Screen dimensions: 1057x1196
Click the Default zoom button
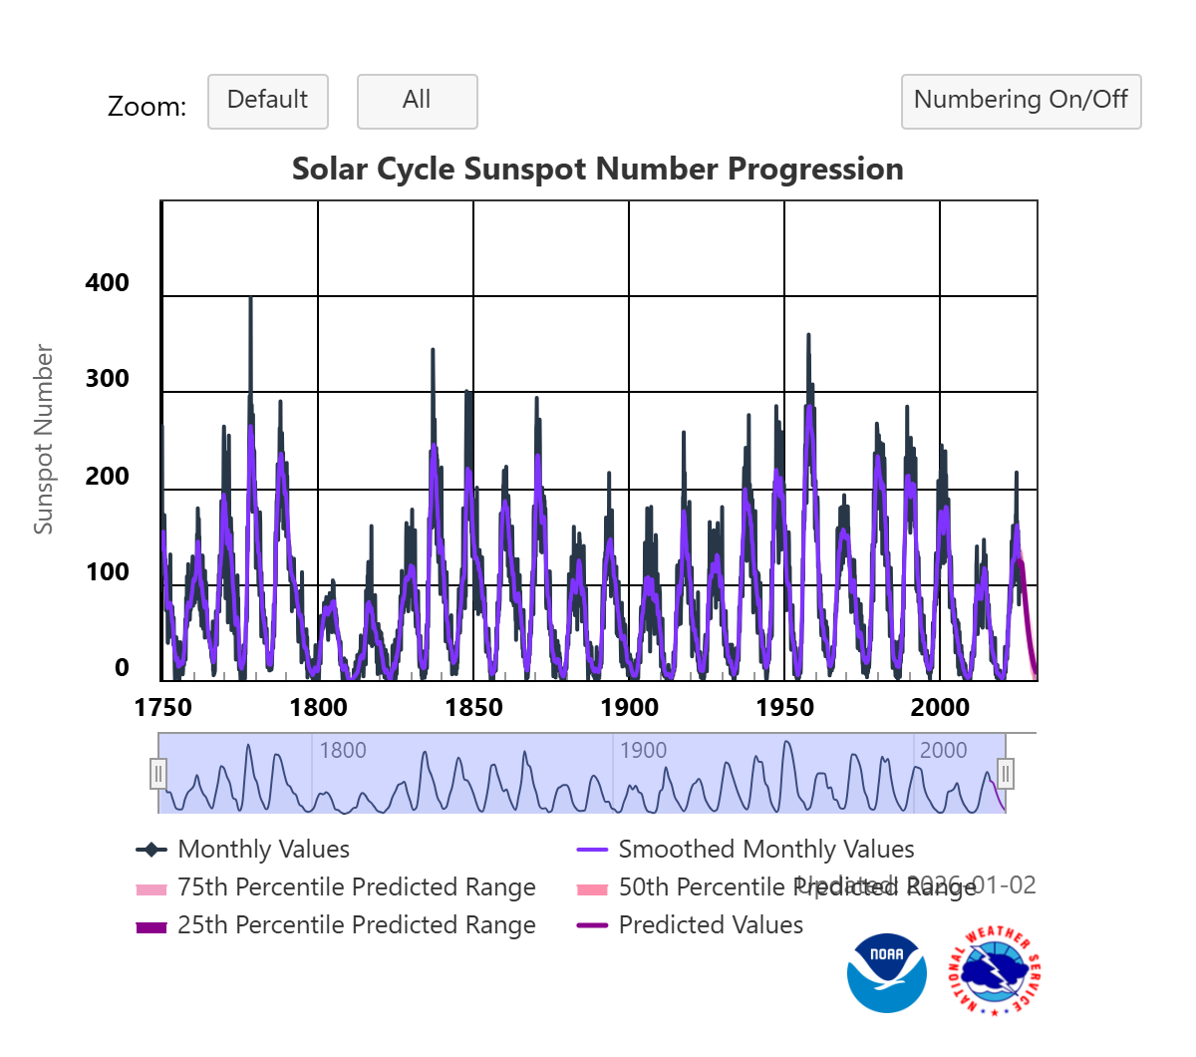[267, 101]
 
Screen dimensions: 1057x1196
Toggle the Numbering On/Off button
[1021, 101]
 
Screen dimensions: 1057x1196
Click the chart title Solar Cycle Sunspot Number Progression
[597, 169]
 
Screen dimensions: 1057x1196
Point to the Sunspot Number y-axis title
[43, 439]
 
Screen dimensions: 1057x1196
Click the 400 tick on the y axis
[108, 283]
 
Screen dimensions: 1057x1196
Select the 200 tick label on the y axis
[108, 477]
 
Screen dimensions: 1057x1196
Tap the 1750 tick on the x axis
[162, 708]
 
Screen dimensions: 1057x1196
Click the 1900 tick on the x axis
[629, 708]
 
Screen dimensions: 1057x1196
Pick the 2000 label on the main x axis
[940, 708]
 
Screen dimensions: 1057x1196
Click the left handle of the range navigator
[158, 774]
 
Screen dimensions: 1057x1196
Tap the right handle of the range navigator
[1006, 774]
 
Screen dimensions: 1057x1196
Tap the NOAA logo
[886, 973]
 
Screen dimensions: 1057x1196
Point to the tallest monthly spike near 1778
[250, 299]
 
